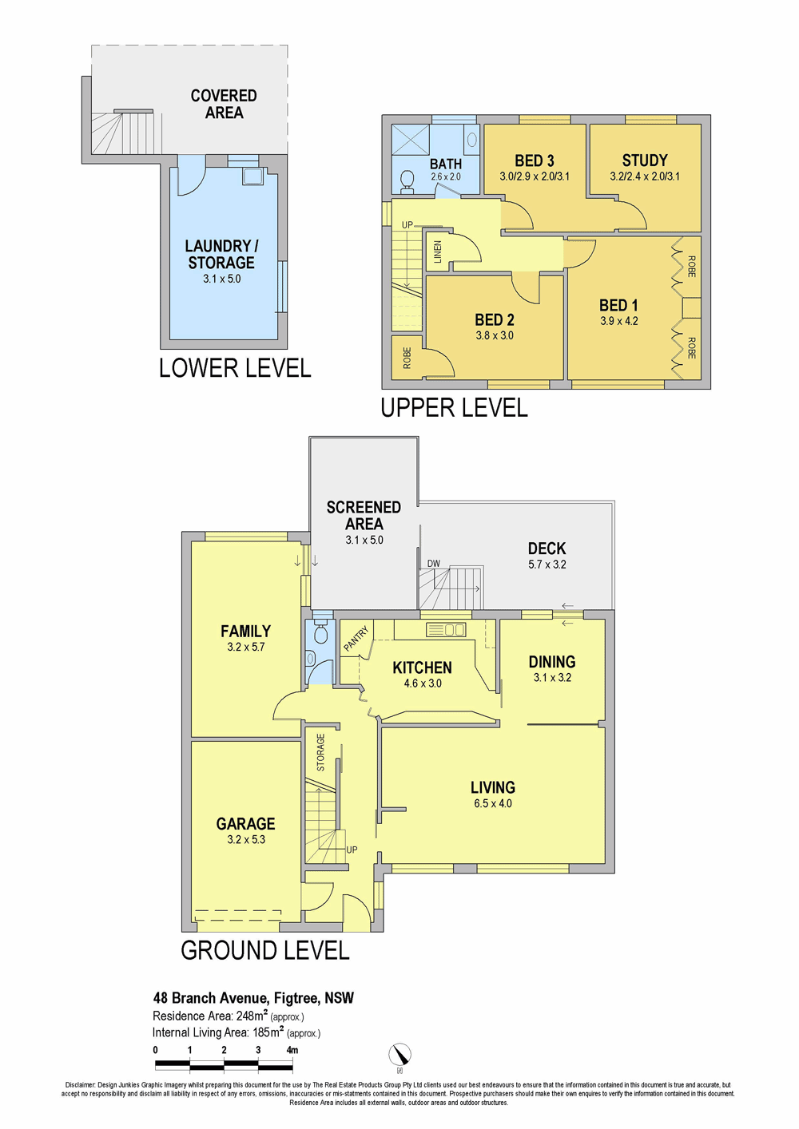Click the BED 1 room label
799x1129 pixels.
pyautogui.click(x=618, y=305)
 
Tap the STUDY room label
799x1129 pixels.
pyautogui.click(x=645, y=160)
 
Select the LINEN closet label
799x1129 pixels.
pyautogui.click(x=437, y=252)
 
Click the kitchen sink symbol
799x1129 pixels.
pyautogui.click(x=446, y=629)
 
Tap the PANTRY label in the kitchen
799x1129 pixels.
pyautogui.click(x=356, y=639)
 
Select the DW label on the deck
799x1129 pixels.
pyautogui.click(x=433, y=564)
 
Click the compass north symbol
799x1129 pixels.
pyautogui.click(x=399, y=1055)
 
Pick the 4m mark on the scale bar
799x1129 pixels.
pyautogui.click(x=292, y=1051)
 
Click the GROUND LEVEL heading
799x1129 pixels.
pyautogui.click(x=264, y=951)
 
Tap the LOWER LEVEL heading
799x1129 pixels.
pyautogui.click(x=235, y=368)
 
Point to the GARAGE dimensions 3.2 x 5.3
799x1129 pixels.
pyautogui.click(x=245, y=840)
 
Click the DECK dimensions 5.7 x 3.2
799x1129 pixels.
pyautogui.click(x=547, y=564)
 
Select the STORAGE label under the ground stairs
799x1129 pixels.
pyautogui.click(x=321, y=752)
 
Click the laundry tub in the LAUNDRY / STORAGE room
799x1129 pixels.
pyautogui.click(x=252, y=176)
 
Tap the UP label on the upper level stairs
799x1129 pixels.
pyautogui.click(x=407, y=225)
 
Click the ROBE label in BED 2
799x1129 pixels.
pyautogui.click(x=407, y=358)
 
